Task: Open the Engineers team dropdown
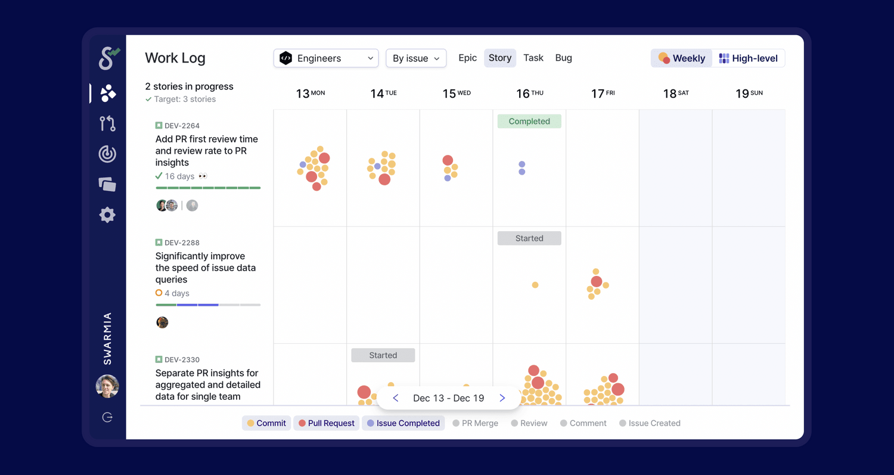[x=325, y=58]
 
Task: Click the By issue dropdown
[x=416, y=58]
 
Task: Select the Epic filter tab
[x=467, y=58]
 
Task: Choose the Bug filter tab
[x=563, y=58]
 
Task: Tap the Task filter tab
[x=533, y=58]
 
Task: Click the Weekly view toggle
[x=682, y=58]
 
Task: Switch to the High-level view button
[x=749, y=58]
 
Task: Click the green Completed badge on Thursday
[x=529, y=122]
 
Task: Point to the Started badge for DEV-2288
[x=529, y=238]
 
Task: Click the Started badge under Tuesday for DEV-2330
[x=383, y=355]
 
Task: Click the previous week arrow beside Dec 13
[x=396, y=398]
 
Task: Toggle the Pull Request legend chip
[x=327, y=423]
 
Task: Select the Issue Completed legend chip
[x=403, y=423]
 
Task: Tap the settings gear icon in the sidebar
[x=107, y=215]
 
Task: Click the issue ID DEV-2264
[x=182, y=126]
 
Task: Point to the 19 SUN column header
[x=749, y=94]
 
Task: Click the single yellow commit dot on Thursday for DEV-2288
[x=535, y=285]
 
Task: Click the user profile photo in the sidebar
[x=107, y=386]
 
